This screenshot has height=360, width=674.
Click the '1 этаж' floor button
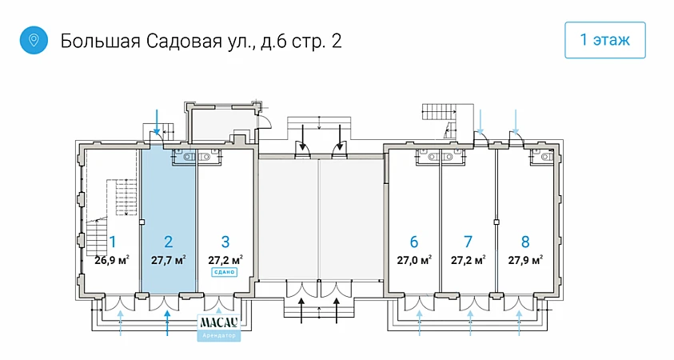coord(605,40)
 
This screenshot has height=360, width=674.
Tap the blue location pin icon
coord(34,40)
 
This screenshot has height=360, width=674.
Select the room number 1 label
coord(113,242)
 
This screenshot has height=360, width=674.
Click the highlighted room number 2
coord(168,242)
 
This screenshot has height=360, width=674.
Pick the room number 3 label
coord(225,242)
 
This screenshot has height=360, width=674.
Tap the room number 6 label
coord(413,242)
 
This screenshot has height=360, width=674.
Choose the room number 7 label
coord(469,242)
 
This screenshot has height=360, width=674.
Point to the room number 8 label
coord(525,242)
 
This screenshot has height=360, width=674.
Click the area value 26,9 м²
coord(112,259)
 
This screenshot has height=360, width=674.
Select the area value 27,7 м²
coord(168,259)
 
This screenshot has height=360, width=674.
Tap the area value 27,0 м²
coord(414,259)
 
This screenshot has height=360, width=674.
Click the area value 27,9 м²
coord(525,259)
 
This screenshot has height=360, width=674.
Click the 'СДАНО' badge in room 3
coord(225,272)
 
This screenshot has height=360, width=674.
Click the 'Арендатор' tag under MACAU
coord(218,335)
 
